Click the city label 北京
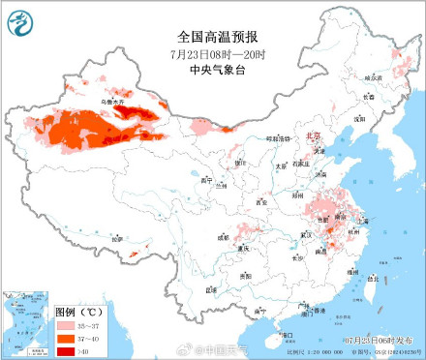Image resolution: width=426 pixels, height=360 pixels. coord(312,136)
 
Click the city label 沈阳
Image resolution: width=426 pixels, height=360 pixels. coord(360,118)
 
